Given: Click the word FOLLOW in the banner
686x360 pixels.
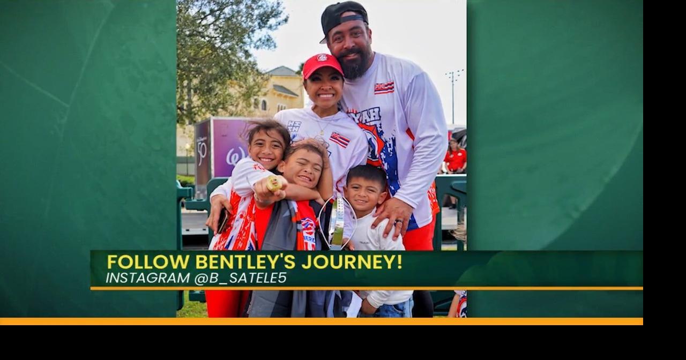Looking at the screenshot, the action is tap(148, 262).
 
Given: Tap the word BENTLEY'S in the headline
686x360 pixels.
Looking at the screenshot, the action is tap(245, 262).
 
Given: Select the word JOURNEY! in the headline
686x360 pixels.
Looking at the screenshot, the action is tap(352, 262).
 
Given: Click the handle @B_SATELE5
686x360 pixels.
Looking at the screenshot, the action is tap(241, 278).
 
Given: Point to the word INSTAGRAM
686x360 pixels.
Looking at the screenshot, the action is tap(147, 278).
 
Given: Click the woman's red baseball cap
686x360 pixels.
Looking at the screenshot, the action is tap(322, 65).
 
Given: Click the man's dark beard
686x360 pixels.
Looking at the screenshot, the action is tap(356, 64).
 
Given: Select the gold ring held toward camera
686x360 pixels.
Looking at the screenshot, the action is tap(273, 183).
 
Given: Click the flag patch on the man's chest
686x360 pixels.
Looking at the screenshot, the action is tap(384, 87).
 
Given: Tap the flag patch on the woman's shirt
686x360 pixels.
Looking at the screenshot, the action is tap(340, 140).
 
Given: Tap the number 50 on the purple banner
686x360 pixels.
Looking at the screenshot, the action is tap(202, 152).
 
